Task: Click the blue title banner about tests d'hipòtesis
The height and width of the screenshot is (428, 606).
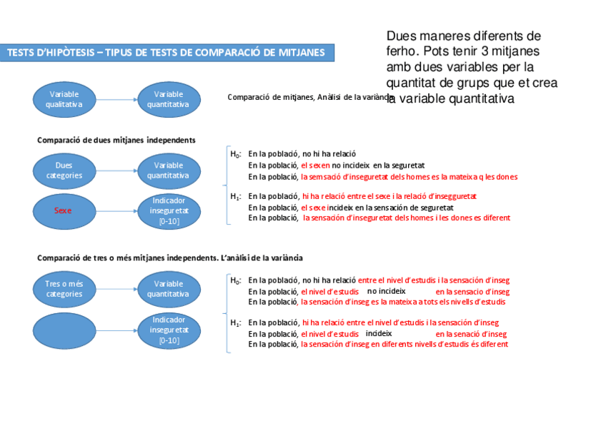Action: click(x=166, y=52)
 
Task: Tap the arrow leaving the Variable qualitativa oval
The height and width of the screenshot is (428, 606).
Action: click(x=117, y=99)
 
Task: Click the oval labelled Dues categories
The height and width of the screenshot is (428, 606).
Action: click(x=64, y=170)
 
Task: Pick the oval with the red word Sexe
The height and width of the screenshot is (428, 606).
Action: click(x=64, y=210)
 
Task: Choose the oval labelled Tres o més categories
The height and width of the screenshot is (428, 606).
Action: click(x=64, y=289)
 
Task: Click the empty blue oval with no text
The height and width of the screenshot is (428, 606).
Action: click(x=64, y=330)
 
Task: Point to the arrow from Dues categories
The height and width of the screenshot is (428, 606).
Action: click(x=117, y=170)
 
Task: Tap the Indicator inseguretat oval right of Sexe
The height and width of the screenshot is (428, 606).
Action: click(x=169, y=210)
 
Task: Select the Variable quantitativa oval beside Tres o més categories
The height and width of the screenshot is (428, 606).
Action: click(x=169, y=289)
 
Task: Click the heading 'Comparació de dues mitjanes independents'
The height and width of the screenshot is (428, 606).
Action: click(x=116, y=140)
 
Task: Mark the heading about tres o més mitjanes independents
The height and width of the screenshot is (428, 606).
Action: click(x=170, y=258)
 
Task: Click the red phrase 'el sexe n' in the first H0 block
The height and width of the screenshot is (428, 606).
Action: click(x=314, y=165)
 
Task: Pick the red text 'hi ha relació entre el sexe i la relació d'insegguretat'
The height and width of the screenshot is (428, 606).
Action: click(x=389, y=196)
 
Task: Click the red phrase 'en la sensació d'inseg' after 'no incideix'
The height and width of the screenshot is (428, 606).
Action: click(x=472, y=292)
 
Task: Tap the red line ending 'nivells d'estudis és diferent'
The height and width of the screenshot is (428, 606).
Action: click(x=404, y=345)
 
